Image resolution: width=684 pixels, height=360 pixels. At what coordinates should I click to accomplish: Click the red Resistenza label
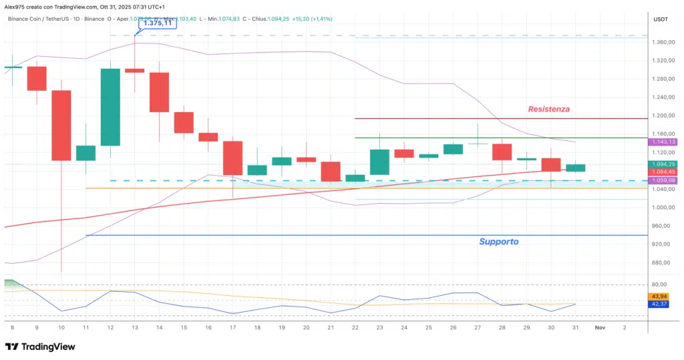tap(548, 109)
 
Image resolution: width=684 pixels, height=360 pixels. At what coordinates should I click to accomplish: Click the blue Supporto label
tap(499, 241)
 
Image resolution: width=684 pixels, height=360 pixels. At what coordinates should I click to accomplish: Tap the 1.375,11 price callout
tap(158, 23)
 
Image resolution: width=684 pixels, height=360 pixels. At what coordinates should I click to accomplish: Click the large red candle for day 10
tap(61, 126)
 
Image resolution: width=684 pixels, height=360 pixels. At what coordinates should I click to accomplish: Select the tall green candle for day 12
tap(110, 107)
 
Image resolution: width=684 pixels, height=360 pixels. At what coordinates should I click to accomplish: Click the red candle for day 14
tap(159, 92)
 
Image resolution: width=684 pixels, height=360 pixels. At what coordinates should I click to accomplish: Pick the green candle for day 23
tap(379, 162)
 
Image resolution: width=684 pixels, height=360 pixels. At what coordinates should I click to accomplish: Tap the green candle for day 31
tap(575, 168)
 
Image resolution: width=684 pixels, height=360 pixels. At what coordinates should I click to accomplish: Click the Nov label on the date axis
tap(600, 328)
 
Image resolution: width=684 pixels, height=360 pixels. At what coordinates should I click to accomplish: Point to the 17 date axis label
tap(232, 328)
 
